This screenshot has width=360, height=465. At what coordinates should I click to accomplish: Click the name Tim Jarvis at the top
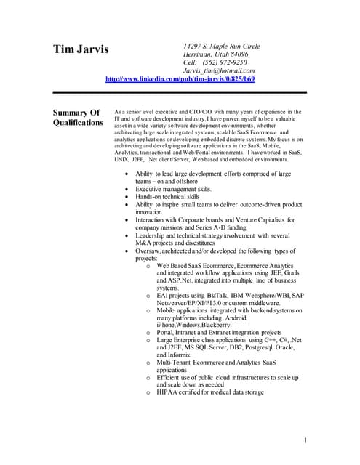coord(80,50)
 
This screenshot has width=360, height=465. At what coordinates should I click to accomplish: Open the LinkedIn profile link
coord(180,79)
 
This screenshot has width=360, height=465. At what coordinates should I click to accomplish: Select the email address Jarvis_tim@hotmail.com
coord(219,70)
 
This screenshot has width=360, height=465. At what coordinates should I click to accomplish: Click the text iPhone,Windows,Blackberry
coord(193,325)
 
